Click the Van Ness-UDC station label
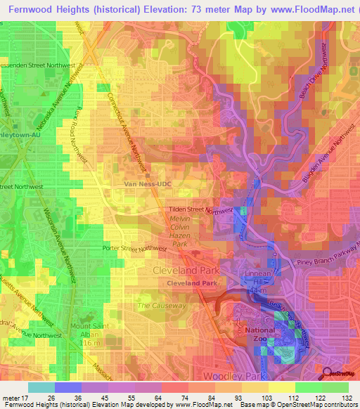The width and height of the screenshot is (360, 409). click(148, 184)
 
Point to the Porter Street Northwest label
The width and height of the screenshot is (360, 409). click(135, 248)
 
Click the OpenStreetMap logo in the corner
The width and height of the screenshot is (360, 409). click(340, 373)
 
